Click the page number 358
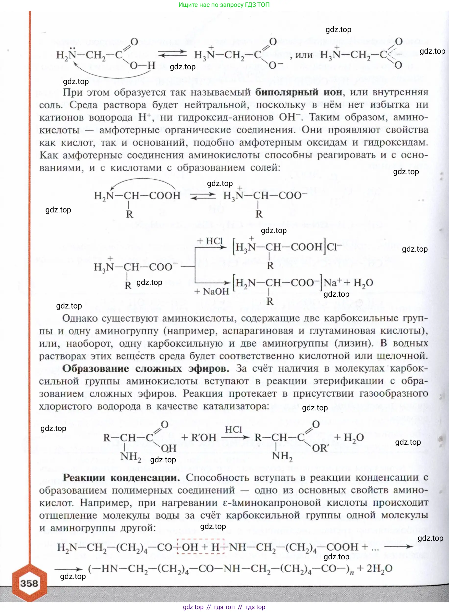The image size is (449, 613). click(29, 583)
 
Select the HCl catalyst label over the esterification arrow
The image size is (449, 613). click(233, 429)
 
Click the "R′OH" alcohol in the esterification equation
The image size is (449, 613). click(204, 437)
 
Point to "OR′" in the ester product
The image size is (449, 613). click(320, 448)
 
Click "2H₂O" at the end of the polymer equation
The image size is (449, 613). click(379, 568)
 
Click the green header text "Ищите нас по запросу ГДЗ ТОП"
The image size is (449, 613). click(224, 5)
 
